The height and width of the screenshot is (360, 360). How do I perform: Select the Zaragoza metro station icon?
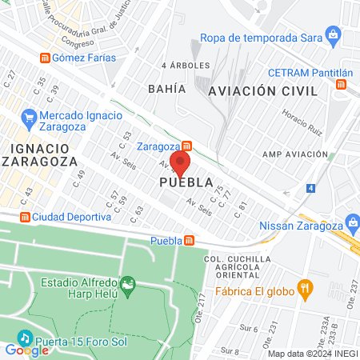coord(186,146)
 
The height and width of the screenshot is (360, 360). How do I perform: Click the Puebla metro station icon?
coord(190,240)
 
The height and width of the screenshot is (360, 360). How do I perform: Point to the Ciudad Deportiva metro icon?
coord(25,217)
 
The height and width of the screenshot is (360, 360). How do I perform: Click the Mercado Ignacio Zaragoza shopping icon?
coord(30,116)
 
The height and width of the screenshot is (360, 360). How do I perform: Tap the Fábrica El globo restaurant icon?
coord(303,288)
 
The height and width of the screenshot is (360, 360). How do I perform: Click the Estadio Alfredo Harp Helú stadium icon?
coord(126,283)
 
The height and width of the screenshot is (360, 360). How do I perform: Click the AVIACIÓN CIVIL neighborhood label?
coord(257,91)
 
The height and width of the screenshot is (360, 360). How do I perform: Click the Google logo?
coord(26,349)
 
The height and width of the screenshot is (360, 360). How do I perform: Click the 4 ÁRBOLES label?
coord(185,65)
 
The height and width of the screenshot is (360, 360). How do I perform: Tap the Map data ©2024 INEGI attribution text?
coord(311,354)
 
